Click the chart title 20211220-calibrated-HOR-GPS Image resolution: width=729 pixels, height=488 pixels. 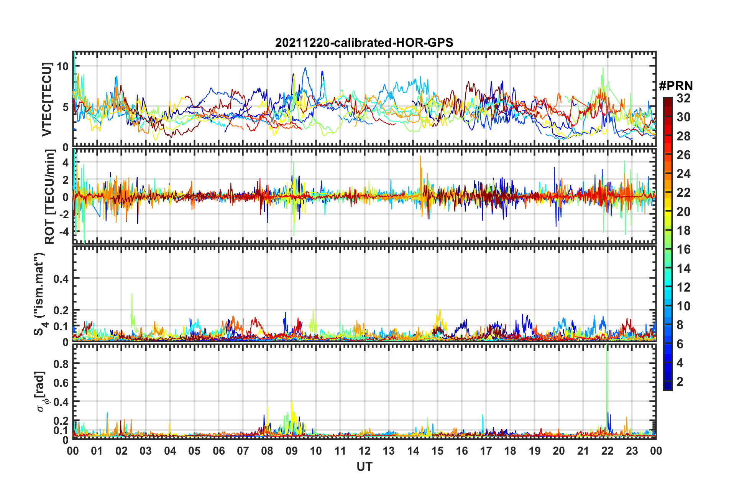(364, 43)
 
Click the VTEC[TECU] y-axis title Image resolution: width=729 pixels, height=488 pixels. (47, 99)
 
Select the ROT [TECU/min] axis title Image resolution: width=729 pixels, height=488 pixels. (50, 197)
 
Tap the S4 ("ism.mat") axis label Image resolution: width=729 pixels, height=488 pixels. (39, 294)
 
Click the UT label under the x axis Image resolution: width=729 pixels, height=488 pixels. (364, 467)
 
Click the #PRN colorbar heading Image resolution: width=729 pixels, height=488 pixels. (676, 86)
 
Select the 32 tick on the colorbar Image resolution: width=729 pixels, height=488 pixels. (683, 98)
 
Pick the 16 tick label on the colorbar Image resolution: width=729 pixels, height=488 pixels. (683, 249)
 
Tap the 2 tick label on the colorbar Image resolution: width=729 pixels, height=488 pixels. (680, 381)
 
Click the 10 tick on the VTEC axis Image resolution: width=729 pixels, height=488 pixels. (62, 66)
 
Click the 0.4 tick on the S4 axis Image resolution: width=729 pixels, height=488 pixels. (61, 279)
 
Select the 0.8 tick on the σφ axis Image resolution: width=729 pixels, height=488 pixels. (61, 364)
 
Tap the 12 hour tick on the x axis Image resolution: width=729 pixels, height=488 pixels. (364, 451)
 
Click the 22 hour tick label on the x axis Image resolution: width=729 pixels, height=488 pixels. (607, 451)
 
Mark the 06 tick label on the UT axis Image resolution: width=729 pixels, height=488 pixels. (218, 451)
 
